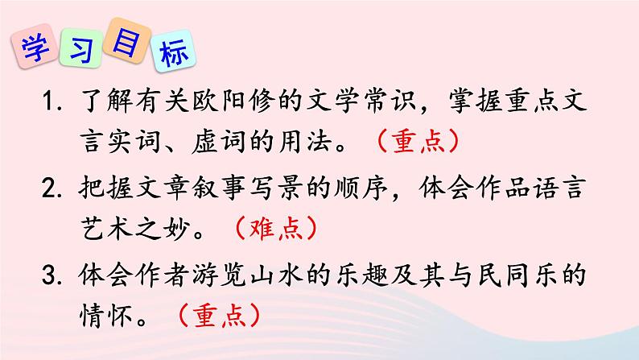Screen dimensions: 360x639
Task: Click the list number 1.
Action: [x=54, y=105]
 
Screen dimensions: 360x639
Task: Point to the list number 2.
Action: [x=55, y=193]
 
